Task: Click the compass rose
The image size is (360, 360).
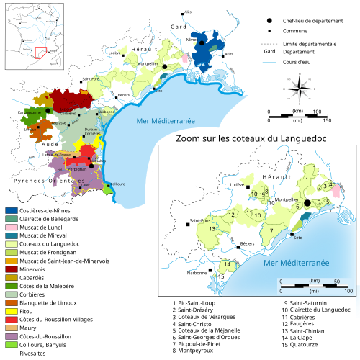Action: click(304, 92)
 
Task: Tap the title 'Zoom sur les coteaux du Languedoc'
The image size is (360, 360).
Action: click(257, 138)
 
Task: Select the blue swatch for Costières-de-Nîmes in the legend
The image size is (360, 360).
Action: click(12, 211)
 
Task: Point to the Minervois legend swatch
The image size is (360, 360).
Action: click(12, 254)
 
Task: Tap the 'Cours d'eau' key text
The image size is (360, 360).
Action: click(296, 63)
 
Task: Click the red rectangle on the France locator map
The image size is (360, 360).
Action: click(40, 54)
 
